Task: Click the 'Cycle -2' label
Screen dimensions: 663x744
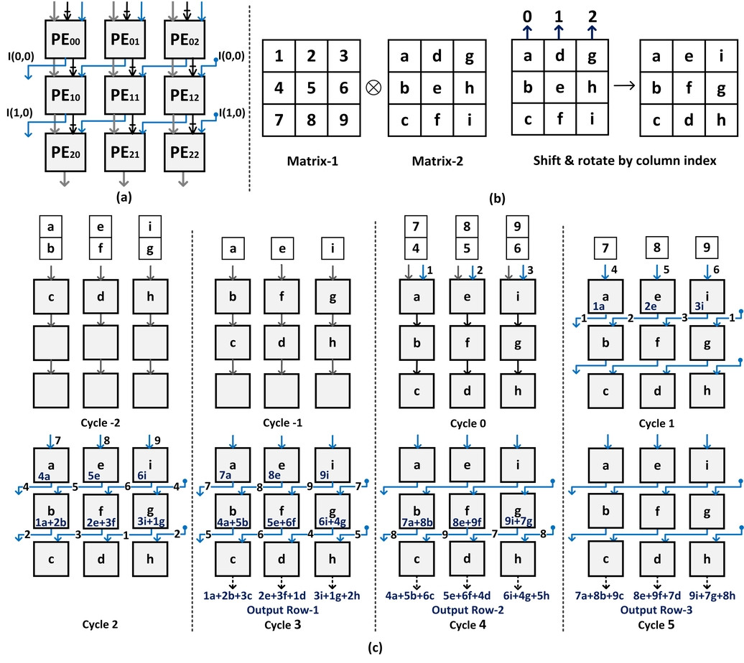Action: pos(97,424)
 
